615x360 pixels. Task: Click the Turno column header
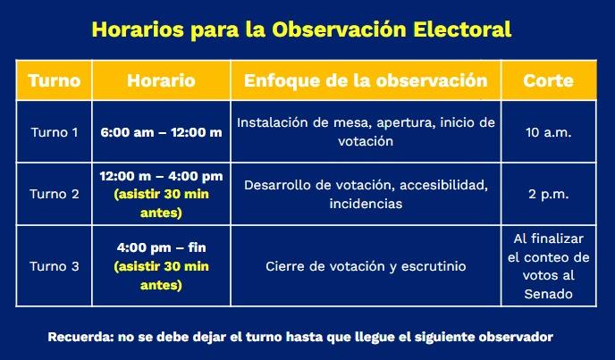pyautogui.click(x=55, y=80)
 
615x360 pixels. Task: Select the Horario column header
pyautogui.click(x=161, y=80)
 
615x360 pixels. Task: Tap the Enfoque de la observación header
pyautogui.click(x=366, y=80)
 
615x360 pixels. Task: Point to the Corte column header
pyautogui.click(x=548, y=80)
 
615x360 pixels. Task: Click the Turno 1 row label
pyautogui.click(x=55, y=132)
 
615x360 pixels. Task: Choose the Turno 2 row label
pyautogui.click(x=55, y=194)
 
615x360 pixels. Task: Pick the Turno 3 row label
pyautogui.click(x=55, y=266)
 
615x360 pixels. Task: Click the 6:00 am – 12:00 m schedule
pyautogui.click(x=161, y=132)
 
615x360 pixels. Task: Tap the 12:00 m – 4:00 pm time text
pyautogui.click(x=161, y=176)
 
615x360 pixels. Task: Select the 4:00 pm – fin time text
pyautogui.click(x=161, y=247)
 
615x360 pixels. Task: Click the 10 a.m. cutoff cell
pyautogui.click(x=548, y=132)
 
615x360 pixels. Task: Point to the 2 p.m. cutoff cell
pyautogui.click(x=548, y=194)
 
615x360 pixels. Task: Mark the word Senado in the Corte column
pyautogui.click(x=548, y=294)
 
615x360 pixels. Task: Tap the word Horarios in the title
pyautogui.click(x=138, y=29)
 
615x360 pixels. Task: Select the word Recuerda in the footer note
pyautogui.click(x=80, y=337)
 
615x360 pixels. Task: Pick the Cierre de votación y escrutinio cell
pyautogui.click(x=366, y=266)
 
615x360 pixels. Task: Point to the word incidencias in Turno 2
pyautogui.click(x=366, y=204)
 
